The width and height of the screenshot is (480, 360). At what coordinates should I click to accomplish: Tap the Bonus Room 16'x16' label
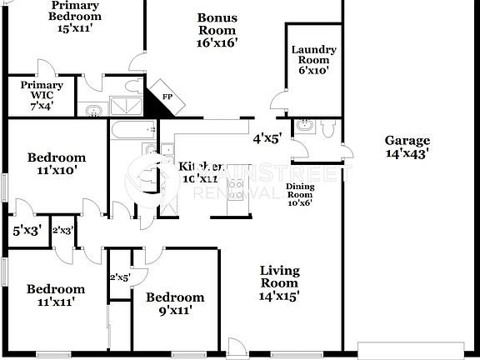tap(217, 30)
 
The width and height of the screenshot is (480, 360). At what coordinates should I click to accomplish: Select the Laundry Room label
tap(313, 59)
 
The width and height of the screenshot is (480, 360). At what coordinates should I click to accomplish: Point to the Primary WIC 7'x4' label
tap(42, 95)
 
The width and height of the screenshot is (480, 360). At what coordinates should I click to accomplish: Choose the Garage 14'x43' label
tap(407, 147)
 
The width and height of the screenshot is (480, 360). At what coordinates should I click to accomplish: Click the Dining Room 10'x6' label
tap(299, 194)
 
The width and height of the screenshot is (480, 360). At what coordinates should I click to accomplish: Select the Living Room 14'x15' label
tap(279, 282)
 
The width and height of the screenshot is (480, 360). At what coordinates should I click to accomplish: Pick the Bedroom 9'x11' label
tap(175, 303)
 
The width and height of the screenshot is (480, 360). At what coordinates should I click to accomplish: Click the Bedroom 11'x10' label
tap(56, 164)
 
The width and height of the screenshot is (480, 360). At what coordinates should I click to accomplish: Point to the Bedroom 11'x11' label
tap(55, 295)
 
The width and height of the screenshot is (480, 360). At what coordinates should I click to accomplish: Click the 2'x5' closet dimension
tap(119, 277)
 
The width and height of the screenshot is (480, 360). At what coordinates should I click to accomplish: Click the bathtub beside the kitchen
tap(133, 130)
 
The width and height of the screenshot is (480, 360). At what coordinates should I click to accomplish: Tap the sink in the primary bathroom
tap(94, 109)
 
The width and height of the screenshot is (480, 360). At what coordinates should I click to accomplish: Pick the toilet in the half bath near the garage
tap(327, 128)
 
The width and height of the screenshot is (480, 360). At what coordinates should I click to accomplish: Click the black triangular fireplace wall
tap(159, 98)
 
